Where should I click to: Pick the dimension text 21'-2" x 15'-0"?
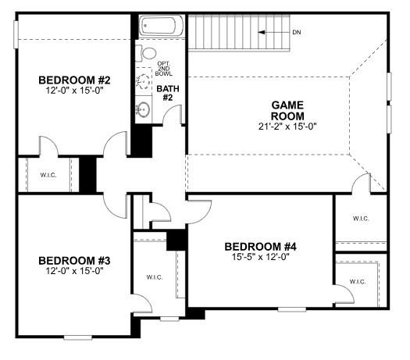point(287,127)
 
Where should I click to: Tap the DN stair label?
point(298,32)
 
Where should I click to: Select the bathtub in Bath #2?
point(162,27)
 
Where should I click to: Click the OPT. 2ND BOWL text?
point(164,68)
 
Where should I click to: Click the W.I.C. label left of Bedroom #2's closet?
point(38,173)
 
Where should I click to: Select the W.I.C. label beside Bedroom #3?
point(153,277)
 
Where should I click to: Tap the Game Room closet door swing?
point(361,184)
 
